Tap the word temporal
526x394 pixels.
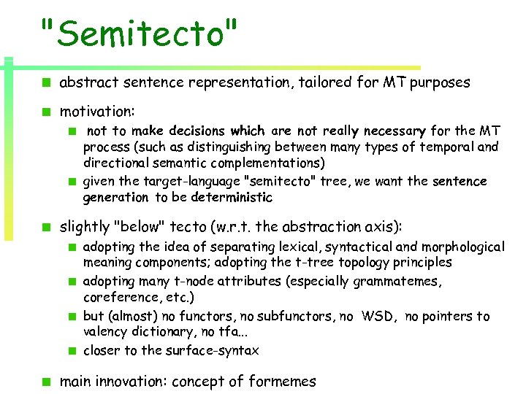[x=446, y=147]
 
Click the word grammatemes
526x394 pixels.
[x=406, y=281]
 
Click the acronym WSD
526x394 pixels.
[x=379, y=316]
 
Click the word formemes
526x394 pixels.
[x=282, y=381]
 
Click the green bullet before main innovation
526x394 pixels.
[x=45, y=381]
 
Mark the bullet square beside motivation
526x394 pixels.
[x=45, y=112]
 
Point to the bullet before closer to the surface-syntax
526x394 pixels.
[x=73, y=350]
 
